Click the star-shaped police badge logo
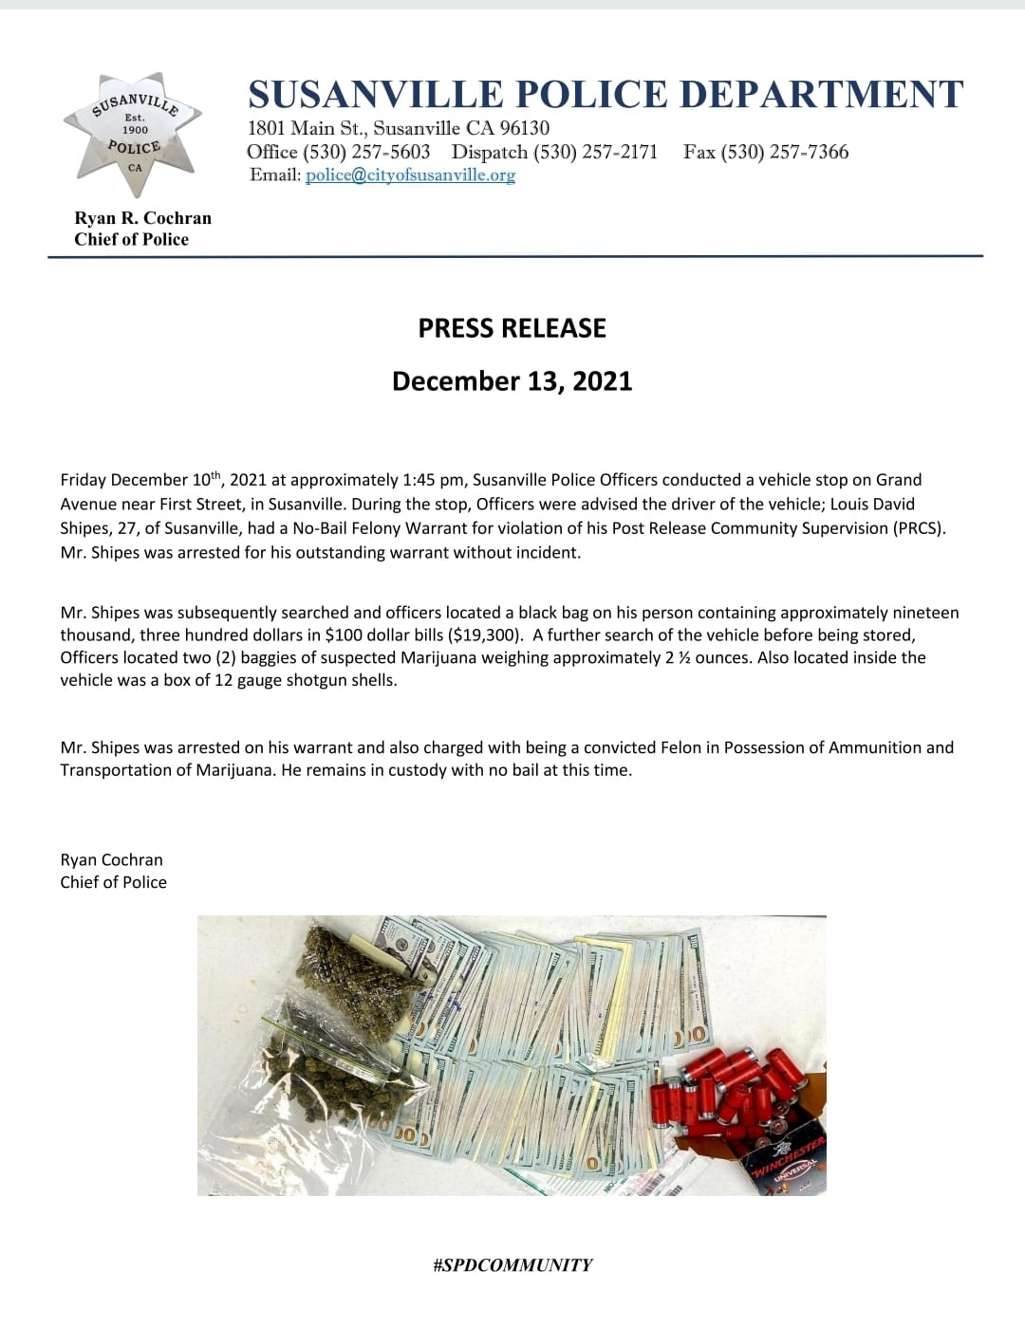click(134, 133)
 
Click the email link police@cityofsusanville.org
click(410, 175)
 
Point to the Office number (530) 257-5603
click(365, 153)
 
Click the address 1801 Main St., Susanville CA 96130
click(399, 128)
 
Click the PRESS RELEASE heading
click(512, 328)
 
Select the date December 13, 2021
click(512, 381)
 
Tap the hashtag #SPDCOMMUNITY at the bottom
click(512, 1265)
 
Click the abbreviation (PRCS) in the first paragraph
click(920, 528)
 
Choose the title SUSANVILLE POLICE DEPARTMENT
click(606, 95)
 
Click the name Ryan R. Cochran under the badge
click(142, 218)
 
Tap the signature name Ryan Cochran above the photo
click(111, 860)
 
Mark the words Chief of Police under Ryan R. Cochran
click(131, 240)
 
